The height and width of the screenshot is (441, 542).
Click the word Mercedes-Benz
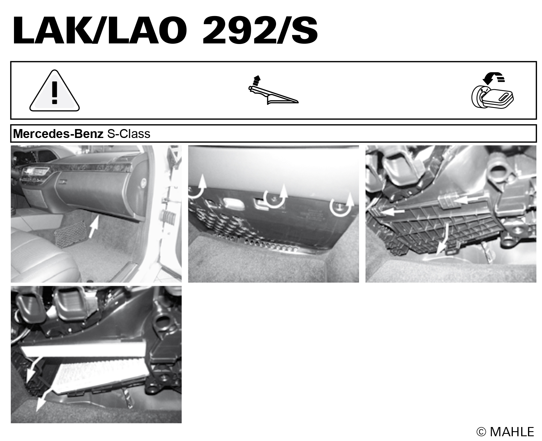pos(58,134)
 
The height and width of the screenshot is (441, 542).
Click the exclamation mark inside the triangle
pos(54,93)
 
